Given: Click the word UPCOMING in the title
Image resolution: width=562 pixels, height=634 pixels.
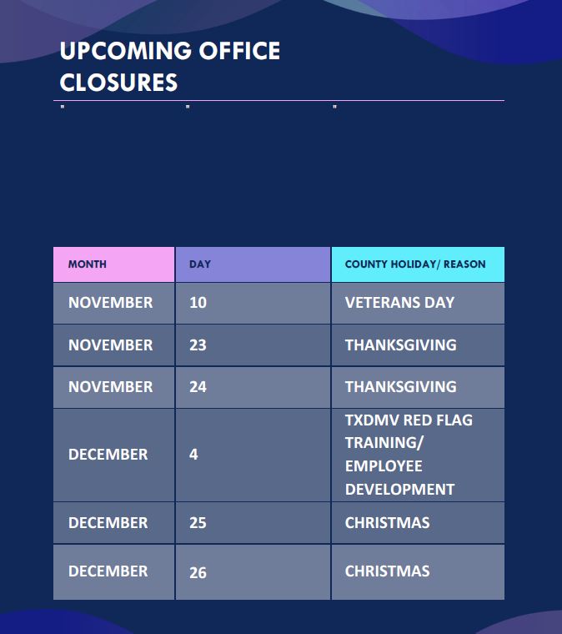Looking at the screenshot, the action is coord(126,51).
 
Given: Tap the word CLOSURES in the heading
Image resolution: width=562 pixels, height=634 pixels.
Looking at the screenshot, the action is coord(118,83).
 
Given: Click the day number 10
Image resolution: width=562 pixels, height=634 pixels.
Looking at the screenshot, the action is coord(198,303).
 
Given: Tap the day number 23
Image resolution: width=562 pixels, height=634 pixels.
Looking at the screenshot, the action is coord(198,345).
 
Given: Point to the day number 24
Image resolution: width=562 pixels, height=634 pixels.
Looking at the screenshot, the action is coord(198,386).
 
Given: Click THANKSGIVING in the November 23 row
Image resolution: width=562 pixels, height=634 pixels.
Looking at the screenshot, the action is coord(401,345).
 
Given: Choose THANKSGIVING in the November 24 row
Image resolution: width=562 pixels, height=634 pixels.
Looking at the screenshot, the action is coord(401,386).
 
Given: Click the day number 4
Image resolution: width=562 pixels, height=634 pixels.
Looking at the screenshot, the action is coord(193,455).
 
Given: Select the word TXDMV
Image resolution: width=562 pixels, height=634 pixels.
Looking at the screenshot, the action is coord(372,420).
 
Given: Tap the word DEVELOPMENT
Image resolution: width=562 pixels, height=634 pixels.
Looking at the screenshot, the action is coord(400,489).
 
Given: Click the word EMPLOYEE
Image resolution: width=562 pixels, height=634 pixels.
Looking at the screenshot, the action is coord(384,466).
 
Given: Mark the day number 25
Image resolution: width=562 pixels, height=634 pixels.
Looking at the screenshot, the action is coord(198,523).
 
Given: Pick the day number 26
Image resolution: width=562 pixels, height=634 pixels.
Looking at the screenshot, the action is coord(198,572).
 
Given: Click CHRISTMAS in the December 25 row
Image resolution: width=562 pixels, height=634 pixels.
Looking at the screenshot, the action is coord(388,523).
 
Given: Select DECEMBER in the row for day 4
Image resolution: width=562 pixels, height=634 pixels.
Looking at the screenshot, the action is coord(108,455).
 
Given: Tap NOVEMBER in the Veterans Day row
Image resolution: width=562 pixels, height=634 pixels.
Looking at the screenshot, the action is coord(111,303).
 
